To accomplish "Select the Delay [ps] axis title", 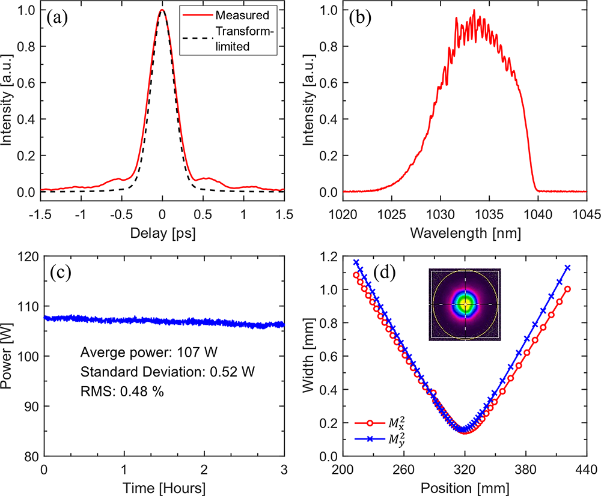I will click(162, 231).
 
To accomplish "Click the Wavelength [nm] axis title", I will click(465, 231).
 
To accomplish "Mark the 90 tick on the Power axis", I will click(29, 407).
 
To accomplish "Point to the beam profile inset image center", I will click(465, 304).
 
